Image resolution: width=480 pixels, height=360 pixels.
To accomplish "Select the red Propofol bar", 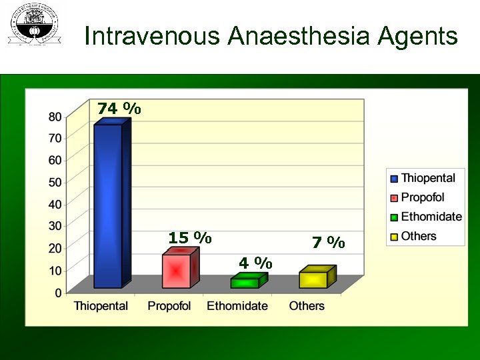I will tap(177, 271).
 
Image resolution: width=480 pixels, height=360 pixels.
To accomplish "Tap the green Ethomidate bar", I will tap(245, 283).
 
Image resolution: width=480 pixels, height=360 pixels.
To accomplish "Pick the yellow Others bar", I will tap(313, 279).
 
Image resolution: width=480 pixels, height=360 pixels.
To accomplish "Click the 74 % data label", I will tap(119, 109).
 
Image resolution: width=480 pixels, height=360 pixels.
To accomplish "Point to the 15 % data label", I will tap(190, 238).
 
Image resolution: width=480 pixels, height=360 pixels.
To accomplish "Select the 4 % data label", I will tap(255, 263).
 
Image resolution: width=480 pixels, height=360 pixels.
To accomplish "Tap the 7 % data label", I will tap(329, 243).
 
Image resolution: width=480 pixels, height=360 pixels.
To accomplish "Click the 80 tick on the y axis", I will tap(55, 116).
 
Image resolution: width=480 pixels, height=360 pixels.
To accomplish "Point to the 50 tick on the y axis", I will tap(55, 182).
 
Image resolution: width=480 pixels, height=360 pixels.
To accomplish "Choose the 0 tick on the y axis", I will tap(59, 292).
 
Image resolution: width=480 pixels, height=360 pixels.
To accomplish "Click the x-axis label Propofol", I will tap(169, 306).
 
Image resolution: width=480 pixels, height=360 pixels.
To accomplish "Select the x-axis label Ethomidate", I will tap(237, 306).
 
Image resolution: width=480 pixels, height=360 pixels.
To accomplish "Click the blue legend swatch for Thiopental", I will tap(394, 179).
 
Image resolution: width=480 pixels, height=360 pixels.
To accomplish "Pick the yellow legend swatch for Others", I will tap(394, 237).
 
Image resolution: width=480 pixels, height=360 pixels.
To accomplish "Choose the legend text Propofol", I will tap(423, 197).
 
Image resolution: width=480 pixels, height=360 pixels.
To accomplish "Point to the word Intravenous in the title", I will tap(153, 36).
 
